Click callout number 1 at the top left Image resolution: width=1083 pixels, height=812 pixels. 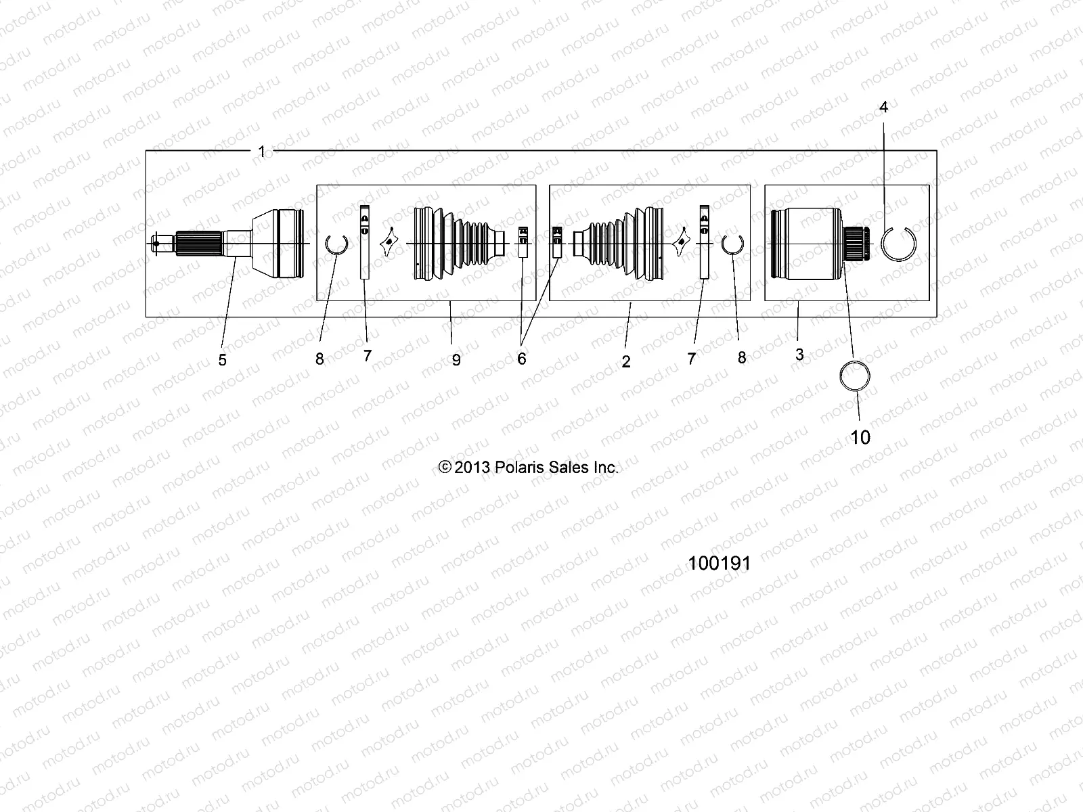tap(262, 152)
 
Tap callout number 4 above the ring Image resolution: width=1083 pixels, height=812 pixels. tap(883, 107)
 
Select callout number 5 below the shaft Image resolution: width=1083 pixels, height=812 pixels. tap(222, 361)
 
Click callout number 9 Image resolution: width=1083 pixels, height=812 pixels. tap(456, 361)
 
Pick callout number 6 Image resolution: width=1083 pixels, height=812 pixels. tap(521, 359)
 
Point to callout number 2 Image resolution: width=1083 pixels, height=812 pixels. tap(626, 362)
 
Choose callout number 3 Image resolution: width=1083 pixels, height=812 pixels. tap(799, 355)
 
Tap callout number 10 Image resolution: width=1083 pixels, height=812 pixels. tap(860, 437)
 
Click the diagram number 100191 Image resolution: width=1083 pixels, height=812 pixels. tap(719, 564)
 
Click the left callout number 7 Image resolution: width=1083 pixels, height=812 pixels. tap(368, 355)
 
